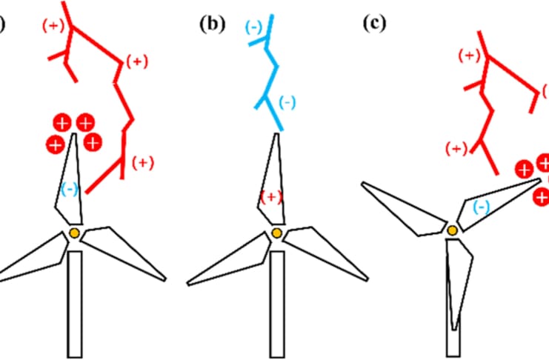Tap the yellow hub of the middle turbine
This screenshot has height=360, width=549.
(x=277, y=233)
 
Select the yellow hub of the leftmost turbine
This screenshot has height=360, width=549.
(x=75, y=233)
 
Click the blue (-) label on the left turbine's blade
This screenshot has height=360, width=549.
(x=70, y=189)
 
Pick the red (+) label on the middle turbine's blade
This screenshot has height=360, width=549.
(x=272, y=196)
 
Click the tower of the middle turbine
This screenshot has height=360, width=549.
(x=277, y=304)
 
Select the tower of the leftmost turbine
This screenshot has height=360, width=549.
(x=74, y=304)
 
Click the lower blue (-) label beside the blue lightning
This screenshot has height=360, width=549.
(x=287, y=102)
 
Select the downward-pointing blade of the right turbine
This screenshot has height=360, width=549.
(x=459, y=281)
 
